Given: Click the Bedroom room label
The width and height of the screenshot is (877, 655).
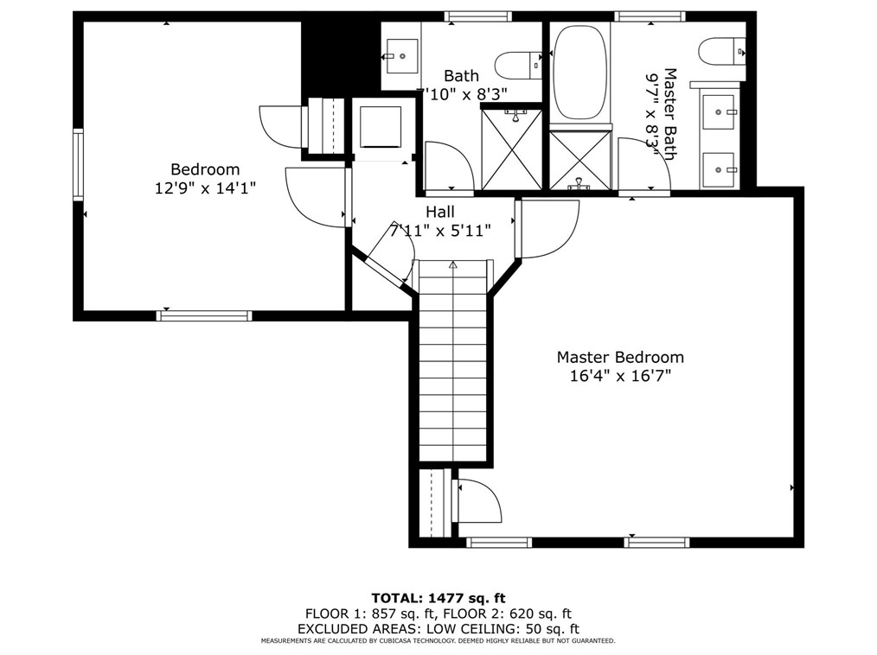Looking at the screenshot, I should coord(205,169).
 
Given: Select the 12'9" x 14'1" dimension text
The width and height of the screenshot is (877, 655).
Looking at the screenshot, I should coord(205,188).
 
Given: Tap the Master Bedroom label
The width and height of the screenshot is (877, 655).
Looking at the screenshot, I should coord(619,357).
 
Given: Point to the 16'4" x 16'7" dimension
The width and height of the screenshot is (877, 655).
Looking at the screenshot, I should coord(619,376).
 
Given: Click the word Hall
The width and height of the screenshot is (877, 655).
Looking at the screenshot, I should coord(439,212).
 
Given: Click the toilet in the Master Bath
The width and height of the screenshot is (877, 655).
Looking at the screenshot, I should coord(721,51).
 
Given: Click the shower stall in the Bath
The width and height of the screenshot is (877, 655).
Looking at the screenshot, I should coord(512,149).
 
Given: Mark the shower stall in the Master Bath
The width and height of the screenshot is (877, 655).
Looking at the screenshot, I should coord(580,160).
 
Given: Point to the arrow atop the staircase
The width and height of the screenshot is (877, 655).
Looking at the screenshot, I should coord(453,266).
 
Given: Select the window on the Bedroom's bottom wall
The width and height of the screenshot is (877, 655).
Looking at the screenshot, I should coord(204,315).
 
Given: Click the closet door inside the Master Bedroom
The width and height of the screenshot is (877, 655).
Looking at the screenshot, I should coord(477,500).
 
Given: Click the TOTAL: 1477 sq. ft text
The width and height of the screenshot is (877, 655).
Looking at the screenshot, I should coord(438,597).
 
